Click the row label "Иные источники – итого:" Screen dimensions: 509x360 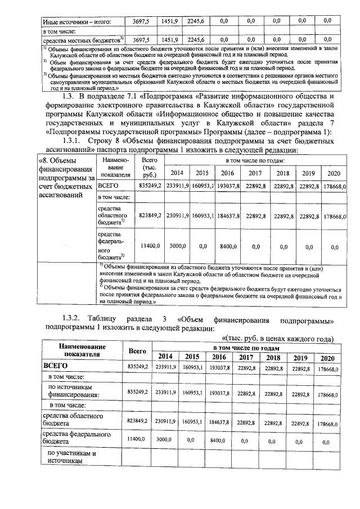coord(77,21)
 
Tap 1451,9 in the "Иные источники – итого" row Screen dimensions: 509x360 coord(169,21)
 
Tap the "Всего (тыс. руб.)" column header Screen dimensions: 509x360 coord(150,167)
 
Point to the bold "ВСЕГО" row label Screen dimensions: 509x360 coord(56,367)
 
